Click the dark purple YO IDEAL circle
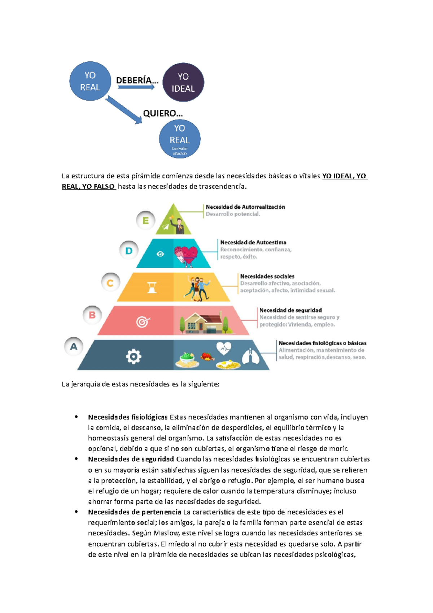point(183,82)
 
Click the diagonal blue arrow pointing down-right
point(124,110)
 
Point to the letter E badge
point(146,221)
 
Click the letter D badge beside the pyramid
point(129,251)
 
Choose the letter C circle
point(110,283)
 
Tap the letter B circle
point(92,315)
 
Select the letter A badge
point(74,347)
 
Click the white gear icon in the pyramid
point(134,356)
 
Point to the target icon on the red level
point(143,321)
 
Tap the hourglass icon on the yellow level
point(152,287)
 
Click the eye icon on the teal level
point(160,254)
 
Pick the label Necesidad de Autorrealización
point(245,207)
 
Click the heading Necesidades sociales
point(267,276)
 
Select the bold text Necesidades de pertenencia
point(135,512)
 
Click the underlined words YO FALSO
point(98,186)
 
